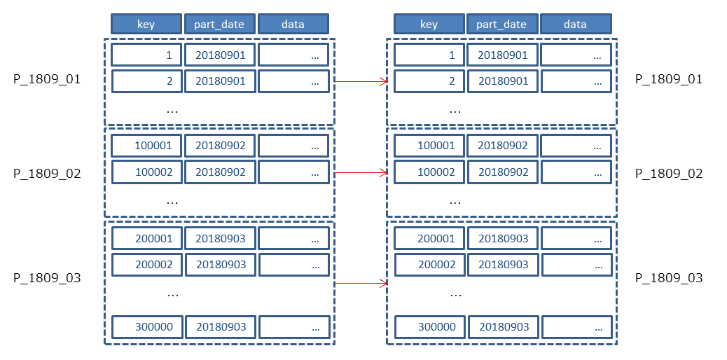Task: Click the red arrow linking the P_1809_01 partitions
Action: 361,82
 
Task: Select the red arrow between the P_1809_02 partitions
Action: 361,172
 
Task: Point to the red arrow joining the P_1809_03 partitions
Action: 361,283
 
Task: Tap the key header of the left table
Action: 146,24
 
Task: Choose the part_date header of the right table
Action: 503,24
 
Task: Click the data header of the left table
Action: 293,24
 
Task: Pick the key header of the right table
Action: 429,24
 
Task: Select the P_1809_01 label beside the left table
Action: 47,79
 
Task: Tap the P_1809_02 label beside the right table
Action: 669,174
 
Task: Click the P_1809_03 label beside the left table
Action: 47,278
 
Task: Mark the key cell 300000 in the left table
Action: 146,327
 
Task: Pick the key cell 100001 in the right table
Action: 429,146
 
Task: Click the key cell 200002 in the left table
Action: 146,265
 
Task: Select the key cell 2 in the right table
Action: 429,81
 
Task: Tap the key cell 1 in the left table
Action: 146,55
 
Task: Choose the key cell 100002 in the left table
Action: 146,172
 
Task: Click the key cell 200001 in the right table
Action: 429,238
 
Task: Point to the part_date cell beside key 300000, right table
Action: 503,327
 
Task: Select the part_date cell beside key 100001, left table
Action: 220,146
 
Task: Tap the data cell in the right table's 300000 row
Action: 576,327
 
